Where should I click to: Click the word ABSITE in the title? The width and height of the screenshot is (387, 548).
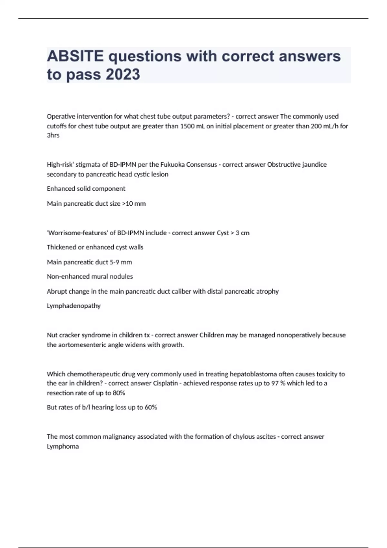coord(75,56)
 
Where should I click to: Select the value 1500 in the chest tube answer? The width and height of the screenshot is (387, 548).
coord(187,126)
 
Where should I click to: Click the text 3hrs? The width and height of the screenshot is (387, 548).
coord(53,135)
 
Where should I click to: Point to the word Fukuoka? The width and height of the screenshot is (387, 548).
coord(173,164)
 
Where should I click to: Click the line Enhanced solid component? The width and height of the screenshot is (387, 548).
coord(86,189)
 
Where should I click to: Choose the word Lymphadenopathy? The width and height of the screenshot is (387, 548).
coord(74,306)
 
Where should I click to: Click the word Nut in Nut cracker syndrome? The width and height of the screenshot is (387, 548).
coord(52,335)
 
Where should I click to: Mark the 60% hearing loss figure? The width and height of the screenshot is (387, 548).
coord(151,407)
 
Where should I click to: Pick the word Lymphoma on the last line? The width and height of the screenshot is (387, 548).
coord(63,446)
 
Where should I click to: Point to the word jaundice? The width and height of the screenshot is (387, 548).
coord(314,164)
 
